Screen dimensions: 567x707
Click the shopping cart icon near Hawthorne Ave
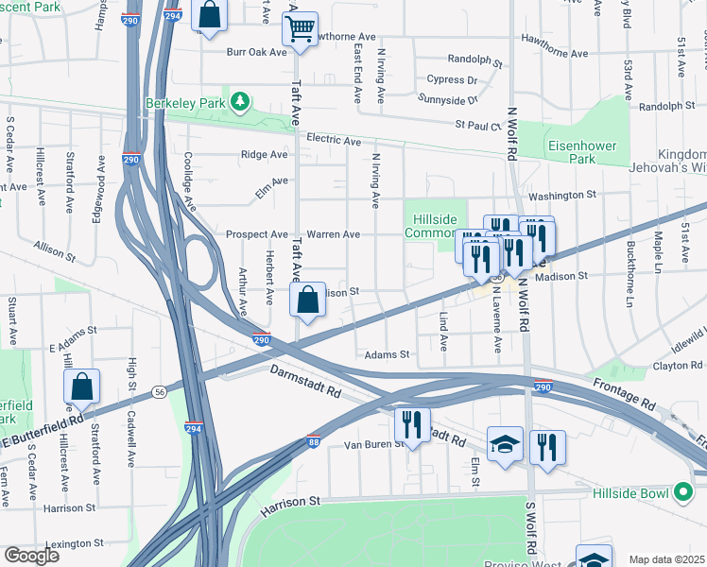click(300, 29)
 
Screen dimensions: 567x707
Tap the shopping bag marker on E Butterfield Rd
click(82, 386)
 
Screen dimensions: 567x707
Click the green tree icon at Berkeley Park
click(241, 101)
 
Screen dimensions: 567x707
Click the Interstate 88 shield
click(314, 441)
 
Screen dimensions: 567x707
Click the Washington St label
click(562, 196)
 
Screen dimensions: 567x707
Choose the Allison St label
click(54, 249)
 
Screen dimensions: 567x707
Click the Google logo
click(31, 556)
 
